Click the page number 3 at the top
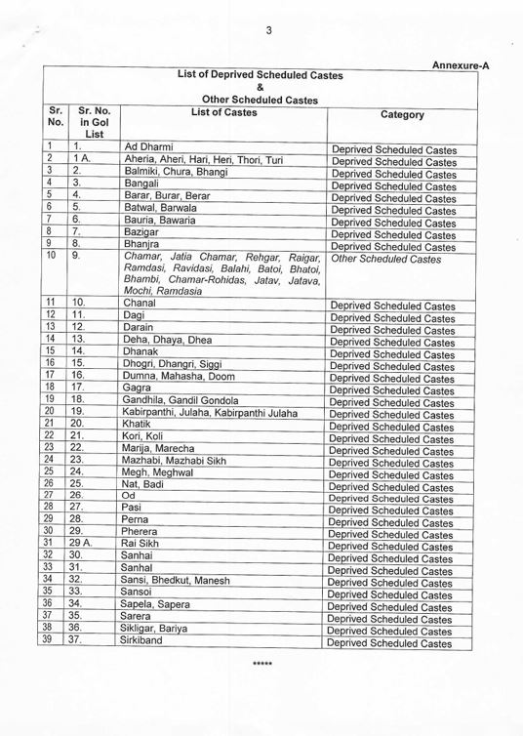(266, 30)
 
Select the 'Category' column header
(402, 115)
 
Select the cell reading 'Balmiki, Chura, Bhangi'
(175, 171)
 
